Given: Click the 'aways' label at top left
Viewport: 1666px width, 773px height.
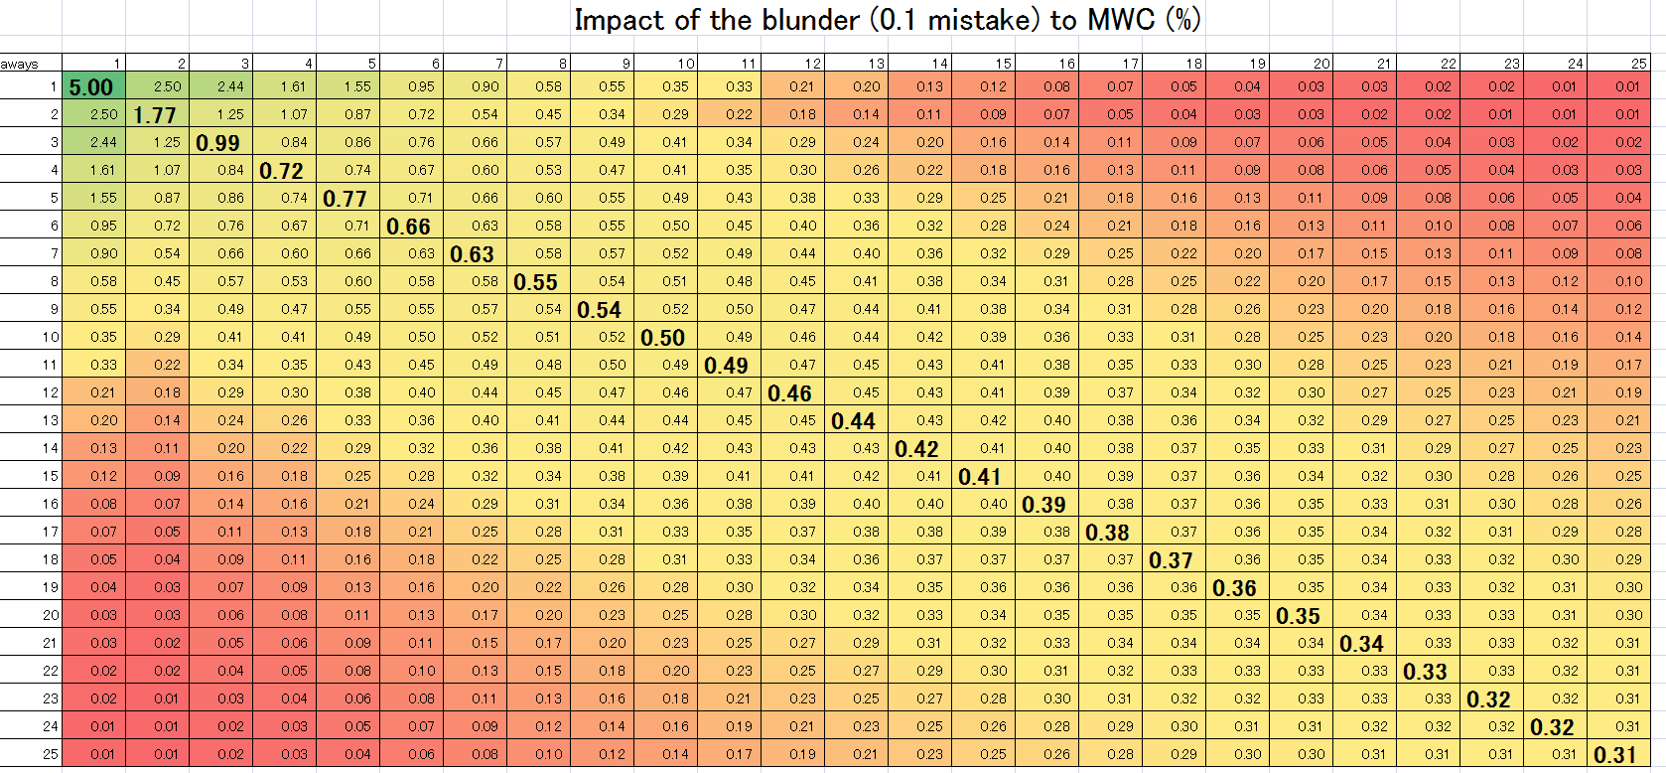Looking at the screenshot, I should point(19,65).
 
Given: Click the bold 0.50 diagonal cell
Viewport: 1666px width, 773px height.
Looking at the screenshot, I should point(663,338).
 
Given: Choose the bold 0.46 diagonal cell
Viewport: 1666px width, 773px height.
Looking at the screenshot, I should point(790,393).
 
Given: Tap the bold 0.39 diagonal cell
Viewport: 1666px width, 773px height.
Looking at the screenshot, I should point(1044,505).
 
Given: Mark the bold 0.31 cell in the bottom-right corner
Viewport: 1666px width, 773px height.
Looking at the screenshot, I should point(1615,755).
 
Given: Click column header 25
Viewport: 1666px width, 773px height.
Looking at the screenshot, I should point(1638,64).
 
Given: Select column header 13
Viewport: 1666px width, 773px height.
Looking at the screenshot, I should point(876,64).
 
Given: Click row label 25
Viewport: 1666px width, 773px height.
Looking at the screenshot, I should point(51,754).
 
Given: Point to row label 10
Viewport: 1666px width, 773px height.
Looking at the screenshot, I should point(51,337).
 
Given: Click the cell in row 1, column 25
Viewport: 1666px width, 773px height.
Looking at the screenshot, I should point(1628,86).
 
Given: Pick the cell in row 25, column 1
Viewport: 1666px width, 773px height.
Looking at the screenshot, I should point(103,754).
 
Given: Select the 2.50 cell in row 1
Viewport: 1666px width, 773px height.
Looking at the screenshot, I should point(167,86).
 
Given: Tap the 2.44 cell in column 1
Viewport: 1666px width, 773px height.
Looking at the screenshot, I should point(103,142).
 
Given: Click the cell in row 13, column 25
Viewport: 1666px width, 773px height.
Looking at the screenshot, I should point(1628,420).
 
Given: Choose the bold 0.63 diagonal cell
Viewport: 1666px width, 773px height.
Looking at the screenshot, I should point(473,254).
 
